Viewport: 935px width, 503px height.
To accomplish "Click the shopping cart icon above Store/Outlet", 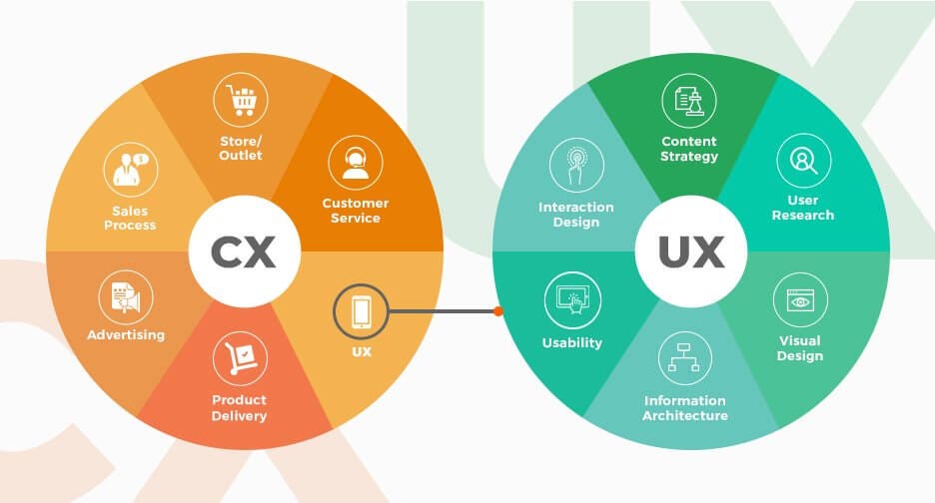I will (241, 101).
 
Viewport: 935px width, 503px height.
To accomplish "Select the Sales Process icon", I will (131, 170).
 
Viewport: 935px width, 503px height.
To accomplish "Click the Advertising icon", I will (126, 297).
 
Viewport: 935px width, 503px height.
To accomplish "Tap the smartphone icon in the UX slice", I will (362, 311).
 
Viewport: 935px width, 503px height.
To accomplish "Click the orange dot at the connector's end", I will (497, 311).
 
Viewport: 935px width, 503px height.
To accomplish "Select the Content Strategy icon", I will (689, 101).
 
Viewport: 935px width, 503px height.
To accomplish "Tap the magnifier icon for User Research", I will (803, 161).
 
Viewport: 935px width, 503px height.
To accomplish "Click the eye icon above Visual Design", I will (800, 298).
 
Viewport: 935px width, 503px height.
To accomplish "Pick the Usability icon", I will (572, 298).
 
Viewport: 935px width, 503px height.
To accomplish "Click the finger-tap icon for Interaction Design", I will (575, 167).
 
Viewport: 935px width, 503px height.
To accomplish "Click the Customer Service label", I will (356, 211).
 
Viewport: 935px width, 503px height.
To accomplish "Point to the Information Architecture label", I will (685, 408).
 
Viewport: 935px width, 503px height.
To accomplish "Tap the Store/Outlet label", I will (241, 148).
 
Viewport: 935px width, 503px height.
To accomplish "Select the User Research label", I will (803, 208).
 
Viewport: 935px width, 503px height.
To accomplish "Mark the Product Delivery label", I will (240, 408).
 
